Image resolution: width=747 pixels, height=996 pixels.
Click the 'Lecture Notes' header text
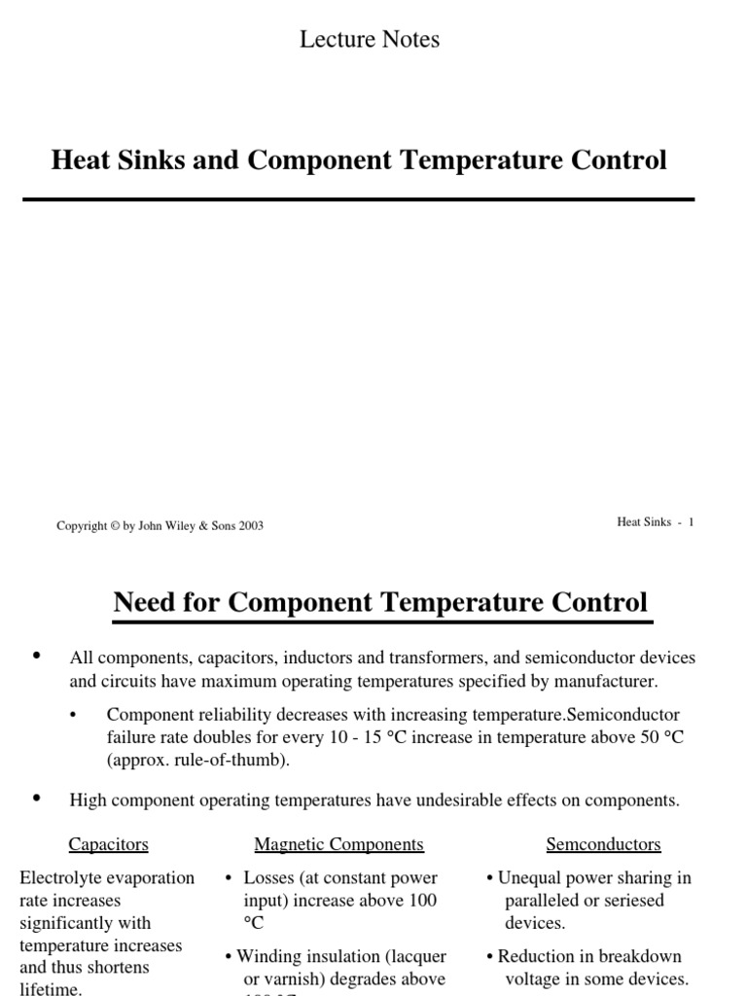(x=369, y=40)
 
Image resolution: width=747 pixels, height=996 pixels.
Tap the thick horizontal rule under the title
(x=358, y=199)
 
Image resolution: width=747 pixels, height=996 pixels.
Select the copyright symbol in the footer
(x=115, y=526)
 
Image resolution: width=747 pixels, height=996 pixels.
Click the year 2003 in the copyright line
(x=250, y=526)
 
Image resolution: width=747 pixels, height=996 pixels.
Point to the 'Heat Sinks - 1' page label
(x=655, y=522)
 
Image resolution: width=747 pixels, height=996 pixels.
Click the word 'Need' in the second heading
(x=146, y=602)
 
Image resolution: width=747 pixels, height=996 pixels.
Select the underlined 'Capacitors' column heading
(x=109, y=844)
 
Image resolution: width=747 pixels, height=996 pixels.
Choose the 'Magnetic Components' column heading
(x=338, y=844)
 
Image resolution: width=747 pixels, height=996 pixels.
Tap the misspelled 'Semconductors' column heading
(x=603, y=844)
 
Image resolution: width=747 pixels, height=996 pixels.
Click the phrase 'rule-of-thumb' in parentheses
(x=232, y=761)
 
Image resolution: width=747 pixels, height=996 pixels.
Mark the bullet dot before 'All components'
(x=38, y=657)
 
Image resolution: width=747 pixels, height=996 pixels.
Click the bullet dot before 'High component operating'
(x=38, y=799)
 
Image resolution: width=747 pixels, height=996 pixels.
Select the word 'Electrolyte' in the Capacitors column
(x=58, y=878)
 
